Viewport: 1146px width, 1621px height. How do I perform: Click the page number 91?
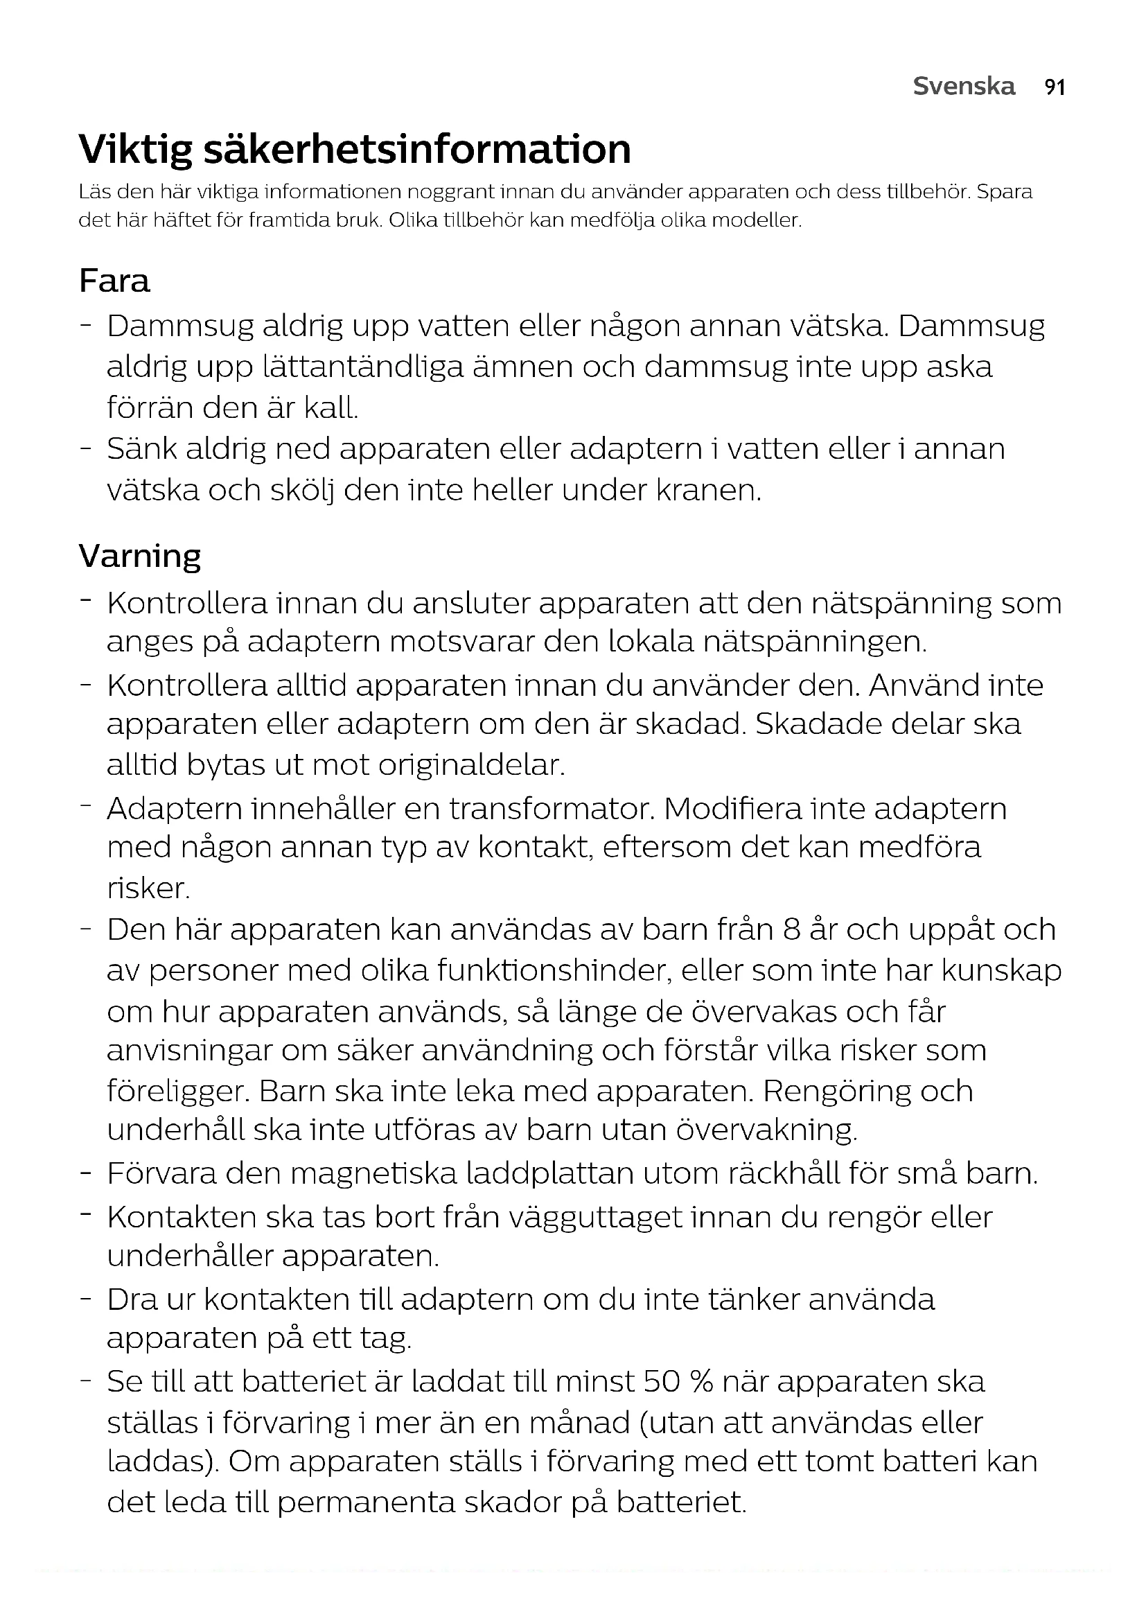pos(1055,87)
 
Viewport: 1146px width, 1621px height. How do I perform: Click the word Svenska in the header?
pos(964,86)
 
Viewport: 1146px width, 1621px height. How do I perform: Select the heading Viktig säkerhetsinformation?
pos(355,149)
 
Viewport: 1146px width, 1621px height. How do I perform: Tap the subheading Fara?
pos(114,280)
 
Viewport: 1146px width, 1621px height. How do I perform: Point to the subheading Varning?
pos(140,556)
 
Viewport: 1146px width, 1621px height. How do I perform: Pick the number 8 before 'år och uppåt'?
pos(791,930)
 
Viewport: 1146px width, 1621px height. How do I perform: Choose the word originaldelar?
pos(472,765)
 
